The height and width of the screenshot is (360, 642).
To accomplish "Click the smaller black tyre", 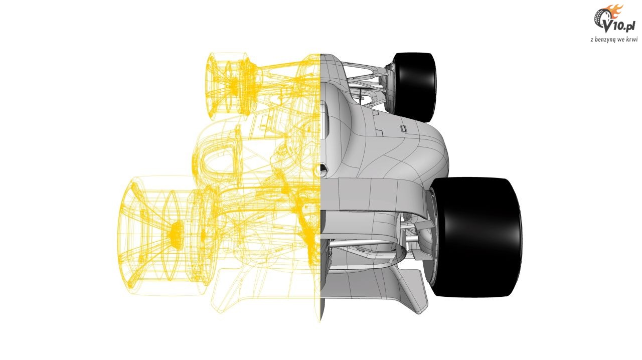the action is click(414, 87).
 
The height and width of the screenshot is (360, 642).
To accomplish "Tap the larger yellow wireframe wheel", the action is click(166, 236).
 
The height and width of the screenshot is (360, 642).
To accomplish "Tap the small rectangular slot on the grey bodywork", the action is click(403, 129).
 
